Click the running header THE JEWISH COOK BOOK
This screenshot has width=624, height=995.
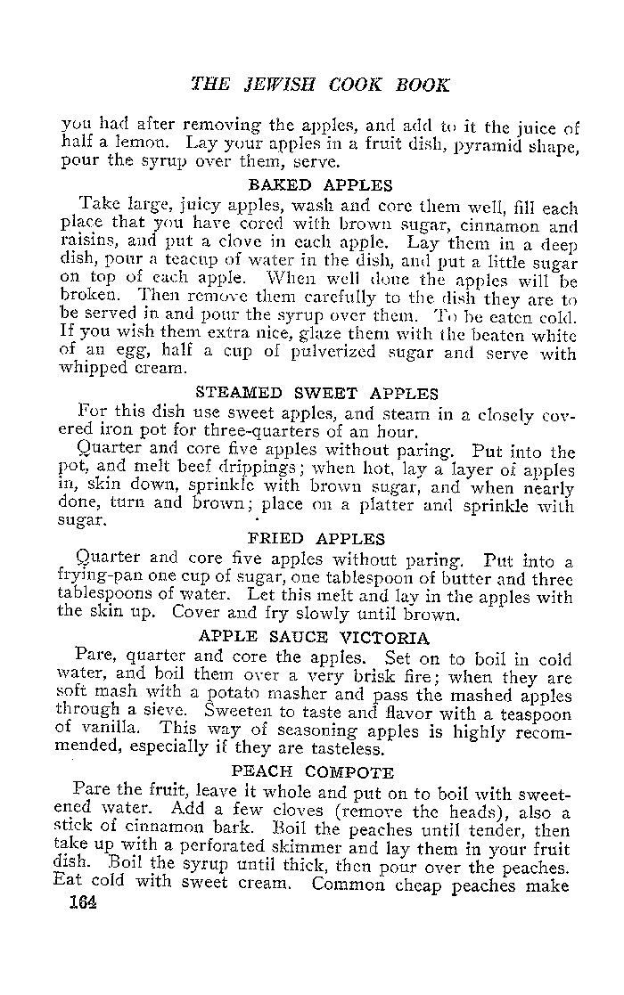(320, 86)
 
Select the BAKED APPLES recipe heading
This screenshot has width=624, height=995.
(320, 185)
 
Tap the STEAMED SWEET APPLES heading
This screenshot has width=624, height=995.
(316, 393)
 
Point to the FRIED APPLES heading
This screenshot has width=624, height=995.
(316, 539)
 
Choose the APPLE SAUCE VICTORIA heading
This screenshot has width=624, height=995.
(314, 638)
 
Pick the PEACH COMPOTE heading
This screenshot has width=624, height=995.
(313, 771)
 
